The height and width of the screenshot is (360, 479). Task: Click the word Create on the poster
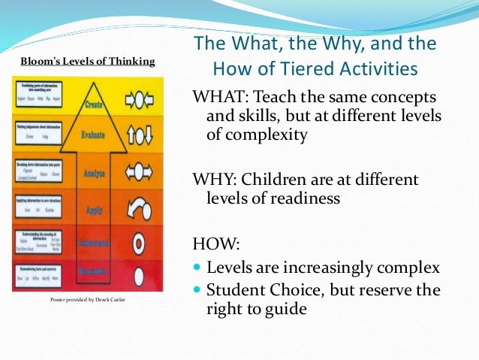(x=94, y=104)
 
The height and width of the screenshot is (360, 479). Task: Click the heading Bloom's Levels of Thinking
(x=88, y=62)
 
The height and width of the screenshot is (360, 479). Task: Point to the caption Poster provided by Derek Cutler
(x=88, y=300)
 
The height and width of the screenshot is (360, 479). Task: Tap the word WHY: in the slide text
(x=214, y=181)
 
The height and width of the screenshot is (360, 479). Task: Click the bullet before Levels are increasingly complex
(x=198, y=269)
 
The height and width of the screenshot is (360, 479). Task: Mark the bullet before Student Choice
(x=198, y=289)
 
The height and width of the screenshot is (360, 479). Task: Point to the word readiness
(x=304, y=199)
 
